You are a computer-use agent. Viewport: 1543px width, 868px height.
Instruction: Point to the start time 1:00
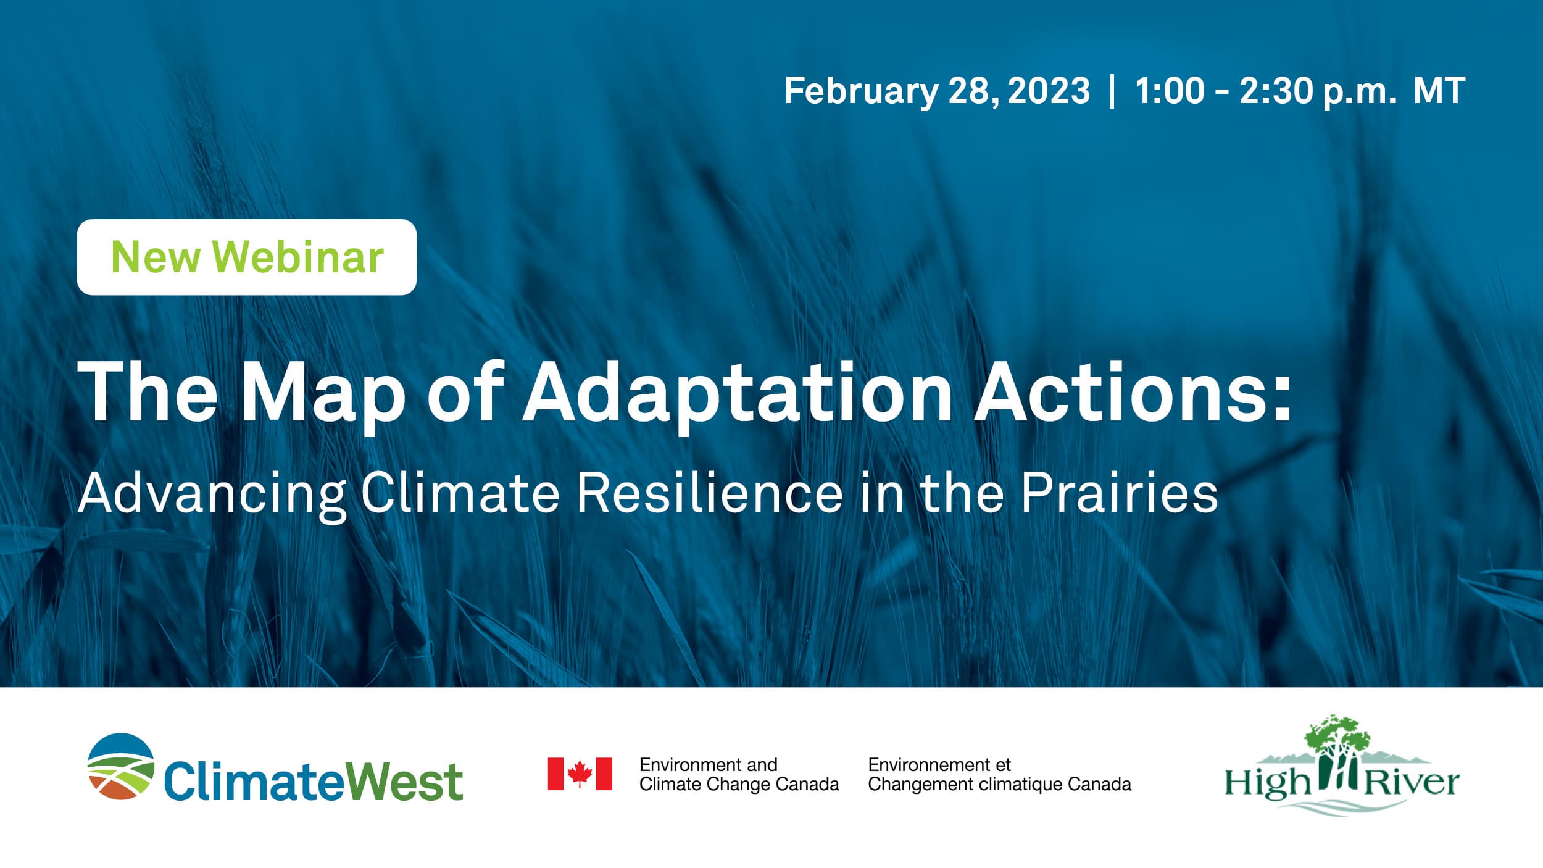coord(1170,91)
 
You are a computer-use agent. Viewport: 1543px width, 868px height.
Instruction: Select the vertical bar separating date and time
coord(1112,91)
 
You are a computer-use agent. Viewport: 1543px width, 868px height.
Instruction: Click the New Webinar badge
coord(247,257)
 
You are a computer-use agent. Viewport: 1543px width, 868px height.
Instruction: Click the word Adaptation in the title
coord(738,394)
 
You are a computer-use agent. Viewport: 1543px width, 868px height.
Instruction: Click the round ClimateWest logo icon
coord(120,766)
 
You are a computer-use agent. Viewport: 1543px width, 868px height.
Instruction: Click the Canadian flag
coord(580,774)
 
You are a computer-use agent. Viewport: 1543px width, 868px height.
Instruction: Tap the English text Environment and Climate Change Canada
coord(739,775)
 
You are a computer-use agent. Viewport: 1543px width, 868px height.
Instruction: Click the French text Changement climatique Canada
coord(999,784)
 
